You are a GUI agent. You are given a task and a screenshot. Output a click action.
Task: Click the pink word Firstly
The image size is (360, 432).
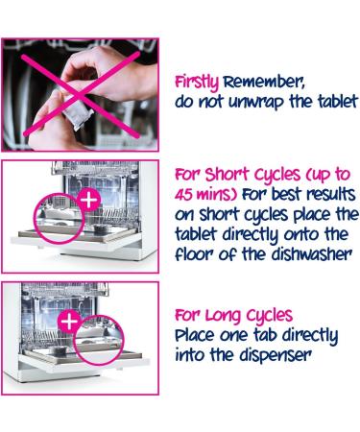197,83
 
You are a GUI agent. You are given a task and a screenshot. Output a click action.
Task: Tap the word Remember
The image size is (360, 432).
264,83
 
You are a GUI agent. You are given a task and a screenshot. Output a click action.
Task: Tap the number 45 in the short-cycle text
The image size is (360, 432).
183,195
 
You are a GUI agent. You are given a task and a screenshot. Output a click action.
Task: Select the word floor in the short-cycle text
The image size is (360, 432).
195,254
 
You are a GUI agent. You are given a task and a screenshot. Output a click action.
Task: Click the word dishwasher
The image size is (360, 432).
312,254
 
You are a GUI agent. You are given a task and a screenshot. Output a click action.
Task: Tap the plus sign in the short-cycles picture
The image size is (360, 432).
89,200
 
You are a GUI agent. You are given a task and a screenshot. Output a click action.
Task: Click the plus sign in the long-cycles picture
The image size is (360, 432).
69,321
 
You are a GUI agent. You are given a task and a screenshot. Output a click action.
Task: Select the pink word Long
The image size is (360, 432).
223,316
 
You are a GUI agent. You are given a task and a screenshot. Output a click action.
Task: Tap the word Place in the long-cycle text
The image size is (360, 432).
195,335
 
